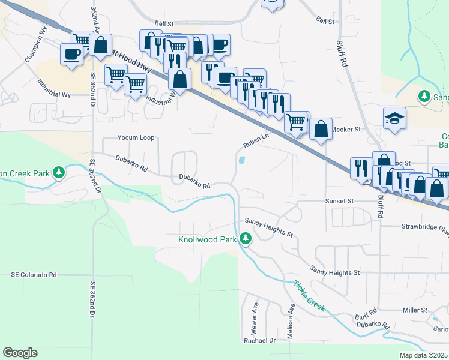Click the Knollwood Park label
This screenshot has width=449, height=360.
coord(208,239)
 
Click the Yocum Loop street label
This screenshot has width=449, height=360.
coord(136,137)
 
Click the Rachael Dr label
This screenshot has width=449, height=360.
coord(259,340)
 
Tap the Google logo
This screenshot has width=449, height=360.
coord(20,353)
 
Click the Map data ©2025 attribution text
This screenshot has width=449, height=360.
coord(424,355)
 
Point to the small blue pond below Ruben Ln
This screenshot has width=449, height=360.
coord(241,160)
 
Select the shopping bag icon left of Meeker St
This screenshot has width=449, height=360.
coord(321,128)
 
